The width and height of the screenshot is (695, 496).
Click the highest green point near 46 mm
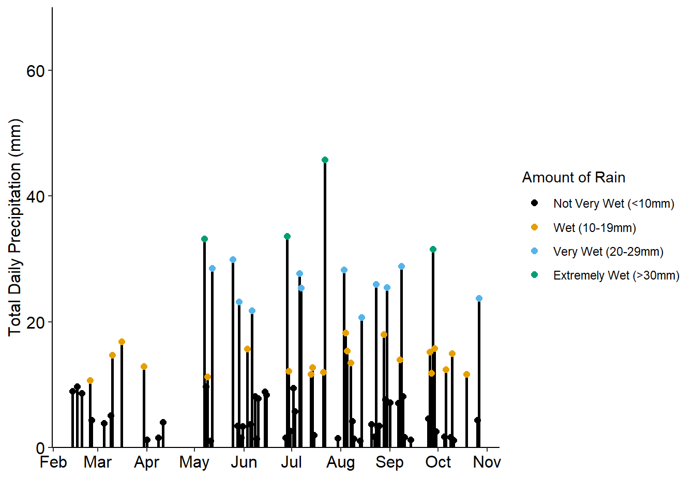(x=325, y=160)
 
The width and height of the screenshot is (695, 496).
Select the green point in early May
(x=204, y=239)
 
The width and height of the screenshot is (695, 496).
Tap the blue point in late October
(x=479, y=298)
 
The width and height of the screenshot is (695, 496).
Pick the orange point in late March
(x=144, y=366)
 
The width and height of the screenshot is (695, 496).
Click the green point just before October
(x=433, y=249)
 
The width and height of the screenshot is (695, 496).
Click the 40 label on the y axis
(x=36, y=196)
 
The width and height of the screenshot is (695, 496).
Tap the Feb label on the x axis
(x=53, y=462)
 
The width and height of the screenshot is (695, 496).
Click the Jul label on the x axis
(x=291, y=462)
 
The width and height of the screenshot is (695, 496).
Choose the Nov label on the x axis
(x=487, y=462)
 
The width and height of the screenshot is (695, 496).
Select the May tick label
(x=194, y=462)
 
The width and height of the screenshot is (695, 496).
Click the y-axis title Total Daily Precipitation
(x=15, y=227)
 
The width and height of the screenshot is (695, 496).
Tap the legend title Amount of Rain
(x=573, y=177)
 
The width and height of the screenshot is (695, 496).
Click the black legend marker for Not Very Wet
(x=534, y=203)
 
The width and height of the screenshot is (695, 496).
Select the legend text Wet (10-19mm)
(x=595, y=228)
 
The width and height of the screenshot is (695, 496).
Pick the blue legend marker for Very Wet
(x=534, y=251)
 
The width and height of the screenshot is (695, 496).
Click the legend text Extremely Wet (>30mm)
(x=616, y=275)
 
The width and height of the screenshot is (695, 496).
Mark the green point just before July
(x=287, y=236)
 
